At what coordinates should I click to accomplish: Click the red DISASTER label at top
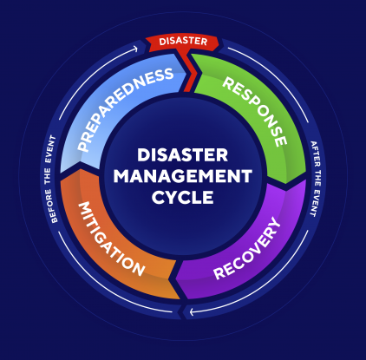(183, 42)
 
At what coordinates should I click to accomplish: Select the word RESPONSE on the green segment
(255, 111)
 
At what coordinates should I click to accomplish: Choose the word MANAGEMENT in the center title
(183, 176)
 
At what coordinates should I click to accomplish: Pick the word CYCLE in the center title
(183, 198)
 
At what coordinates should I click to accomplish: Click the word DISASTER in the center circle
(183, 155)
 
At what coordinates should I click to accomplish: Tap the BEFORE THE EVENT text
(50, 180)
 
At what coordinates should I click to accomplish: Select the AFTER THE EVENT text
(316, 179)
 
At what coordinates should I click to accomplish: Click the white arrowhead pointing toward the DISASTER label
(134, 49)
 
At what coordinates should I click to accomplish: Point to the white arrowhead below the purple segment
(193, 312)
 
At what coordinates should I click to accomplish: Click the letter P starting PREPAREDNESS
(83, 146)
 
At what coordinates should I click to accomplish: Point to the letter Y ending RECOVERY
(274, 224)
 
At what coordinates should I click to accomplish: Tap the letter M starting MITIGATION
(85, 208)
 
